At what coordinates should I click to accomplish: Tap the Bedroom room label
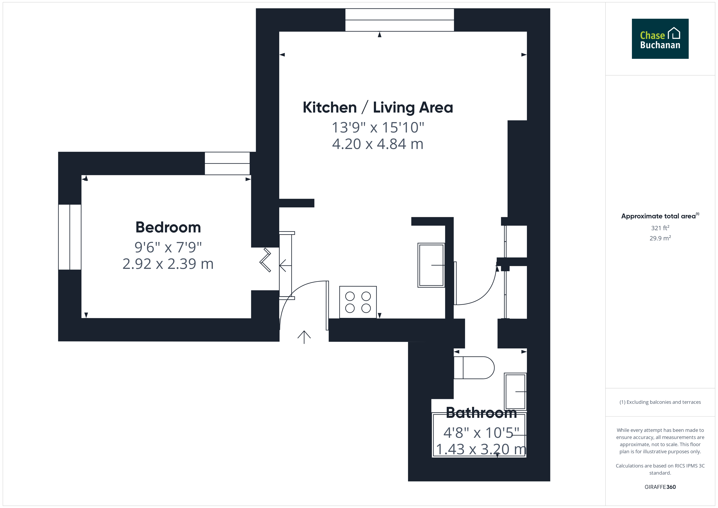coord(168,227)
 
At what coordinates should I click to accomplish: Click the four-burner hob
coord(358,302)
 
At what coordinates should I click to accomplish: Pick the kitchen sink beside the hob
coord(431,265)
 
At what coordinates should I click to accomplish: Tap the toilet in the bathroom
coord(474,368)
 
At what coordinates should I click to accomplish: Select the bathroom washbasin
coord(515,391)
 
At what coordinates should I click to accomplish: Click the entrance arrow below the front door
coord(304,337)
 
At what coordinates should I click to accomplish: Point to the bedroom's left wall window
coord(70,237)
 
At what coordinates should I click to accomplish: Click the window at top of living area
coord(400,20)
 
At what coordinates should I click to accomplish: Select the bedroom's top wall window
coord(227,163)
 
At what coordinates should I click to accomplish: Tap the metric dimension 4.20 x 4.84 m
coord(378,144)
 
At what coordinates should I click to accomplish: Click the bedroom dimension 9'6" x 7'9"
coord(168,247)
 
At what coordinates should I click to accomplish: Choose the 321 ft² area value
coord(660,228)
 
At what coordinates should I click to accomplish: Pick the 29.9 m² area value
coord(660,238)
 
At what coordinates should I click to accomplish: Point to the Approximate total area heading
coord(660,216)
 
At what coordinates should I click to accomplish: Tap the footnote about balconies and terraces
coord(660,402)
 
